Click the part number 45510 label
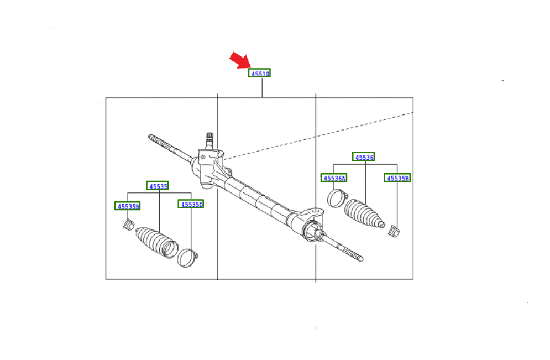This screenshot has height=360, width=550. (x=260, y=73)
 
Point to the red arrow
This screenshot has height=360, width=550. (x=240, y=60)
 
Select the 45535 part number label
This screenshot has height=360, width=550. (x=157, y=186)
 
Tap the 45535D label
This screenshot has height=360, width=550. (x=191, y=204)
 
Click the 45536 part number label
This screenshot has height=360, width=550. (x=363, y=157)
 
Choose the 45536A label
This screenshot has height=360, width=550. (x=334, y=178)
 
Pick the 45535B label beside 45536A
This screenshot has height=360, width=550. (x=397, y=178)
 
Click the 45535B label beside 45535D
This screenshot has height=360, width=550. (x=127, y=206)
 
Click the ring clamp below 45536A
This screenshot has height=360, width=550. (x=337, y=198)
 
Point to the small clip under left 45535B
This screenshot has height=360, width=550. (x=128, y=225)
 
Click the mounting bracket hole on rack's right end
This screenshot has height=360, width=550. (x=315, y=211)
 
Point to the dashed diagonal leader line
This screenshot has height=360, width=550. (x=318, y=136)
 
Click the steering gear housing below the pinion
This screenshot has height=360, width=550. (x=209, y=168)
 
